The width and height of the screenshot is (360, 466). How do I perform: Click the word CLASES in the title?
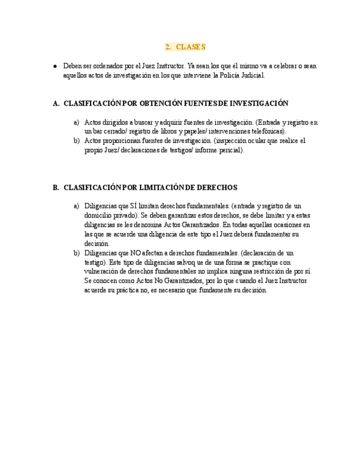coord(191,47)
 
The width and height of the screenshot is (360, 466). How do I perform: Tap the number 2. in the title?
coord(168,47)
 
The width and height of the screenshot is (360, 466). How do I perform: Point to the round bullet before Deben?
coord(56,66)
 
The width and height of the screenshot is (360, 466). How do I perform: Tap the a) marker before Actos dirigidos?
coord(76,123)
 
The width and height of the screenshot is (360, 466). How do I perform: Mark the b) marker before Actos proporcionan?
coord(76,141)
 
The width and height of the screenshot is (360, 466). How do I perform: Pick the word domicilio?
coord(97,215)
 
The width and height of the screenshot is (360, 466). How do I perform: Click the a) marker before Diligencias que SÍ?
coord(76,206)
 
